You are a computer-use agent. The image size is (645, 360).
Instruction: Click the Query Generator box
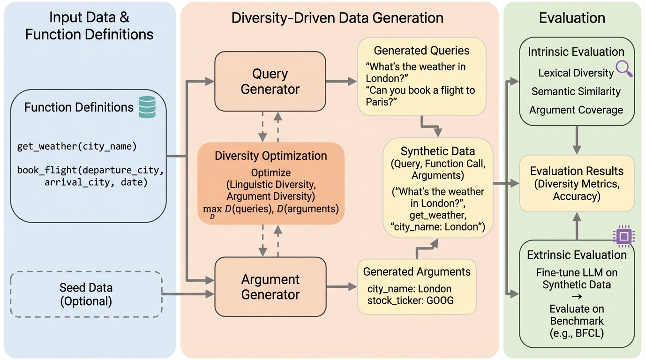tap(270, 81)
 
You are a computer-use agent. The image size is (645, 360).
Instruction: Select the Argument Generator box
tap(270, 286)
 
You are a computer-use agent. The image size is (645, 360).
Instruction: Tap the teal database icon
tap(147, 107)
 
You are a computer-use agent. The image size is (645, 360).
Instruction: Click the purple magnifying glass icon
tap(624, 69)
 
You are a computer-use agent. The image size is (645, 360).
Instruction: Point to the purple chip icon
tap(623, 237)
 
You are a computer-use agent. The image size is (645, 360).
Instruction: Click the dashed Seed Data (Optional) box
tap(86, 294)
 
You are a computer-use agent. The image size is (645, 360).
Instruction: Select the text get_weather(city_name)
tap(76, 146)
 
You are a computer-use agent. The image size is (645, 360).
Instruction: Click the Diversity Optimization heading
tap(270, 156)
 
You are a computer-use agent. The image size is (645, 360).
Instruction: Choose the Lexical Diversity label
tap(576, 73)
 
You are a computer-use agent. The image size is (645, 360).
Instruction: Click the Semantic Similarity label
tap(576, 91)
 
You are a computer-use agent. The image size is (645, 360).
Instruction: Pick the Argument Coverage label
tap(576, 110)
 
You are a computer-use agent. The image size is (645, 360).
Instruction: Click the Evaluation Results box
tap(576, 183)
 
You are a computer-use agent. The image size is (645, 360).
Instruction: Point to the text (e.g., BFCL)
tap(577, 334)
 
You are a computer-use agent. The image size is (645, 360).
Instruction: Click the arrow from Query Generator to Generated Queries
tap(341, 82)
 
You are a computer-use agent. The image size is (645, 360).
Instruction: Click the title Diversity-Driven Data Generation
tap(337, 18)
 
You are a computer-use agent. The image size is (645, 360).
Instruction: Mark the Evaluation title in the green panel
tap(572, 18)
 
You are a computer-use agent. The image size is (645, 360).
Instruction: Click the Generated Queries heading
tap(421, 51)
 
